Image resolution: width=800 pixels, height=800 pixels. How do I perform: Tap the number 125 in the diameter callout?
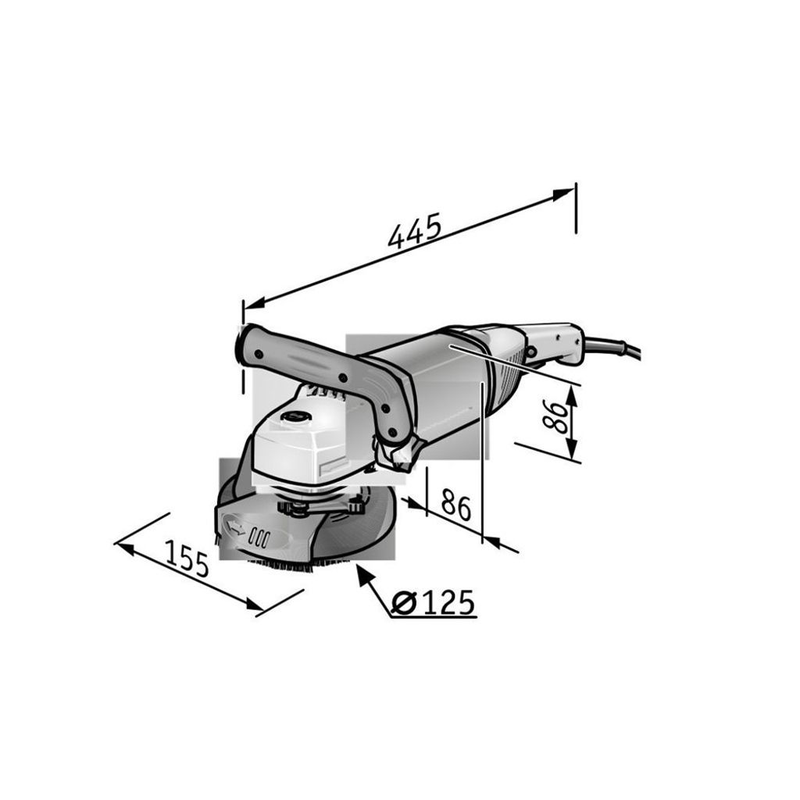point(448,602)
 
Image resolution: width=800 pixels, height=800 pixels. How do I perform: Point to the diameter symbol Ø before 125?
point(405,603)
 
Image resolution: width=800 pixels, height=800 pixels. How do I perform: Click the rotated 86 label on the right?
point(555,416)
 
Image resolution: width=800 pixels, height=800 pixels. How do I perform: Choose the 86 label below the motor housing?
point(456,504)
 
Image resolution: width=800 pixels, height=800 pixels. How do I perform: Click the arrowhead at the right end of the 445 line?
point(564,194)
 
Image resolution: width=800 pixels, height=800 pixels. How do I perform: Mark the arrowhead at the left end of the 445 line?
point(255,302)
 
